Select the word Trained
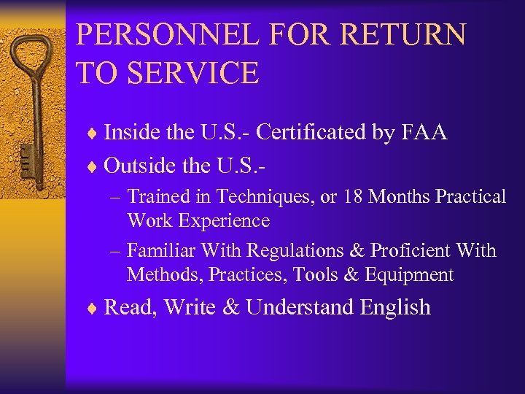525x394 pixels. (x=157, y=197)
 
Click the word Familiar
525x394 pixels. (x=162, y=251)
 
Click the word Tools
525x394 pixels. (x=324, y=274)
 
